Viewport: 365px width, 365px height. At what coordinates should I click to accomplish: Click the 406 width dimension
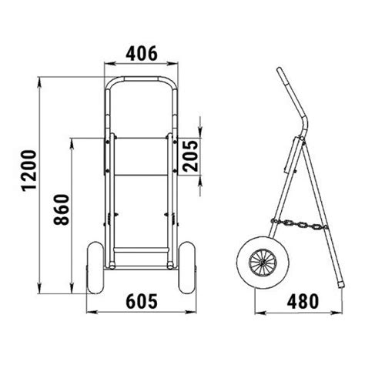(142, 54)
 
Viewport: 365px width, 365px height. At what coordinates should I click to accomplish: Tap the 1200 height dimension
(29, 171)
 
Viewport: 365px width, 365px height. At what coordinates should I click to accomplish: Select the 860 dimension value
(61, 209)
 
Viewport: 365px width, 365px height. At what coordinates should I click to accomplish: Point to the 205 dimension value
(191, 156)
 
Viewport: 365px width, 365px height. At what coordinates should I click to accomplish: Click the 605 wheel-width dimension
(142, 301)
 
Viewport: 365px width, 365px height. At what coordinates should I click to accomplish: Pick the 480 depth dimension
(303, 301)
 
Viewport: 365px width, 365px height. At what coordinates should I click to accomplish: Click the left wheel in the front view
(95, 267)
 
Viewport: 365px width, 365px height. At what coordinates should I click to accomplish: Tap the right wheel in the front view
(186, 267)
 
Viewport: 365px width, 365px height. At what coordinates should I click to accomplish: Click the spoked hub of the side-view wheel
(263, 263)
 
